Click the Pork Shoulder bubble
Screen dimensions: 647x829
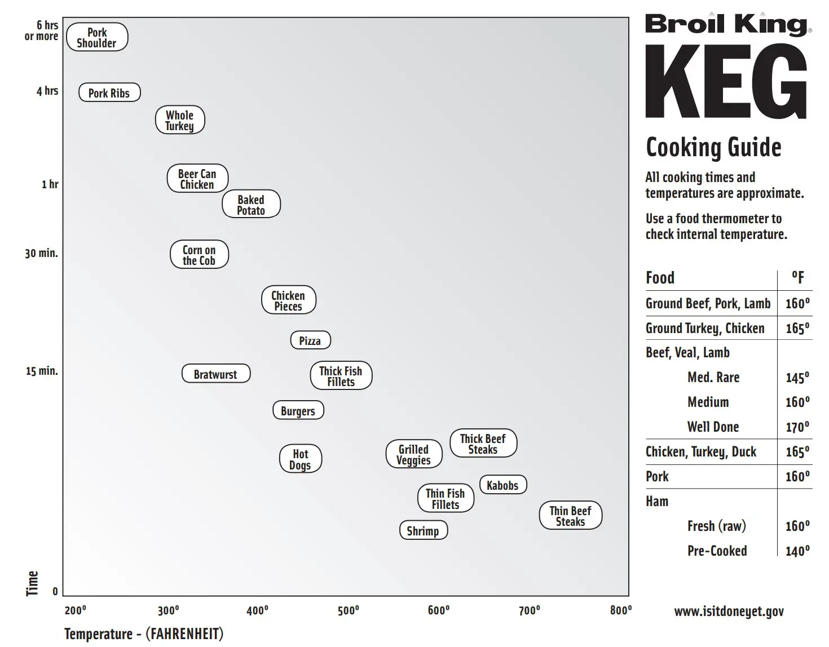(97, 37)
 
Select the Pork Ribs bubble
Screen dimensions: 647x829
(109, 93)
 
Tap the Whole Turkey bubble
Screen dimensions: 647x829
(179, 120)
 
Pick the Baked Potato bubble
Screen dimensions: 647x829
(251, 205)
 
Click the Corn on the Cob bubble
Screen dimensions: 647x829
(199, 255)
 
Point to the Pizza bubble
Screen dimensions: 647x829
(310, 340)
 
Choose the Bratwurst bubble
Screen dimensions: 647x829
(215, 374)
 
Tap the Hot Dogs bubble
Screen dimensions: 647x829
(300, 459)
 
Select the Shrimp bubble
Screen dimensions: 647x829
(423, 531)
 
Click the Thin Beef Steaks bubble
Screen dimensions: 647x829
(571, 516)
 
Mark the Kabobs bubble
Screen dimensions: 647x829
(502, 485)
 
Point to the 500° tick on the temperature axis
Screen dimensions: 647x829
(348, 611)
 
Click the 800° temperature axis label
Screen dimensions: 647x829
(620, 610)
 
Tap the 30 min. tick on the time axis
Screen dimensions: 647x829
(41, 253)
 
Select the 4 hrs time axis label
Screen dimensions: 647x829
(47, 91)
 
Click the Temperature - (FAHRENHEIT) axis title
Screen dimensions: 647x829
(144, 634)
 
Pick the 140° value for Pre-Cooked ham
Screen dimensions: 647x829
(797, 551)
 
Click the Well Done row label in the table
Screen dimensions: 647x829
(713, 427)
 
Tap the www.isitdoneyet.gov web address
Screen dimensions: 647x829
(729, 611)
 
